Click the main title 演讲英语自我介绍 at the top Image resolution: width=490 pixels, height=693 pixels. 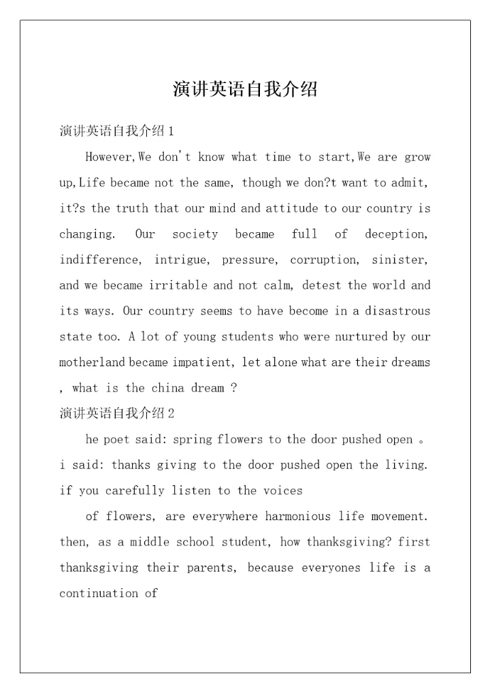click(245, 89)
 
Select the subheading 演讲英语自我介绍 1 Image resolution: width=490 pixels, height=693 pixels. click(117, 131)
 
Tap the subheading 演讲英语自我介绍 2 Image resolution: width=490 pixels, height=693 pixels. click(117, 413)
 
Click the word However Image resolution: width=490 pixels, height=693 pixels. click(110, 157)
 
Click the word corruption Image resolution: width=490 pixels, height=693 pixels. click(323, 260)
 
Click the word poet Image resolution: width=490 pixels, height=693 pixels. click(116, 440)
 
